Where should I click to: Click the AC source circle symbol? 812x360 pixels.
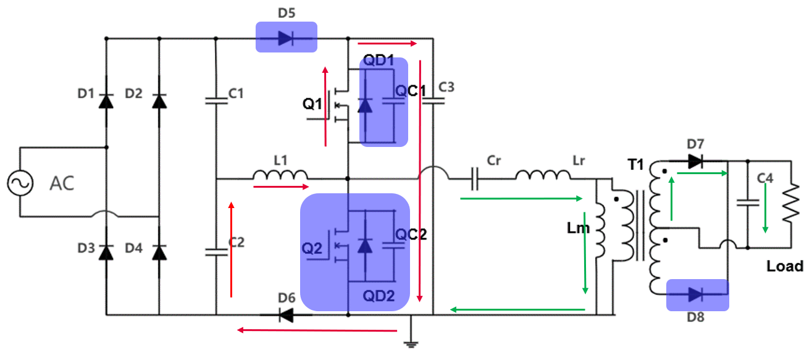(19, 183)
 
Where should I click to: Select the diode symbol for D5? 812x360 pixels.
(285, 38)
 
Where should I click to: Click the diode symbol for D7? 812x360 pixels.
(696, 162)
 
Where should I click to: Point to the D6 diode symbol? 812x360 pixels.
(285, 315)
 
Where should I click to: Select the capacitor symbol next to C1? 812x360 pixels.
(216, 100)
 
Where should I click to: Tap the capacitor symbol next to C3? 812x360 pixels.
(433, 100)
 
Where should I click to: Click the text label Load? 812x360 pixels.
(785, 267)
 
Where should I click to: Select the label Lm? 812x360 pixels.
(579, 228)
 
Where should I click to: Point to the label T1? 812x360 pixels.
(637, 165)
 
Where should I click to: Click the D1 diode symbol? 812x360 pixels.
(107, 100)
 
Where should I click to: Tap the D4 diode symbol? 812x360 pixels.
(160, 253)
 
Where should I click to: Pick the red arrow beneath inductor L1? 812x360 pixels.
(280, 185)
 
